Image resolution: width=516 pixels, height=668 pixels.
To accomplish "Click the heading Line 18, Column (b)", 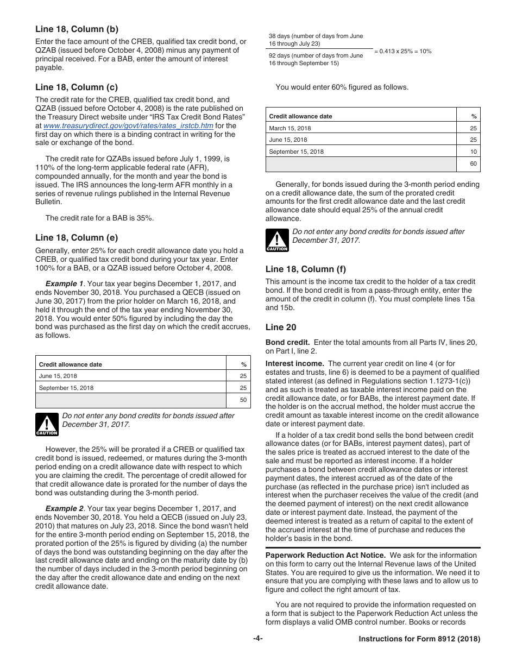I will (x=77, y=29).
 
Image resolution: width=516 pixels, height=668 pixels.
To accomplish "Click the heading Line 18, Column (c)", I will (x=77, y=87).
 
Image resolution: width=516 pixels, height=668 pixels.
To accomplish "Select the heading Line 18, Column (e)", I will (x=77, y=238).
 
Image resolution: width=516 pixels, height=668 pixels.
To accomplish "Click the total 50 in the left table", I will (x=243, y=400).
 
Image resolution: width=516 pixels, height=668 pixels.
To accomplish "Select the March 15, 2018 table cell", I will (x=290, y=128).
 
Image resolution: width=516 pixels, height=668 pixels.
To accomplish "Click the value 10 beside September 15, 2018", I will (x=474, y=152).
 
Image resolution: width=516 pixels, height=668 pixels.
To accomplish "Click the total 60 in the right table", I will (x=474, y=164).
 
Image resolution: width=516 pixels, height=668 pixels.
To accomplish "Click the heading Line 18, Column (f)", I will (x=305, y=269).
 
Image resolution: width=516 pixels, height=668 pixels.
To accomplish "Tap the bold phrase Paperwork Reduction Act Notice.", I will (x=325, y=556).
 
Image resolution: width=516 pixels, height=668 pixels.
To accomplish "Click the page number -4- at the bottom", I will (x=258, y=639).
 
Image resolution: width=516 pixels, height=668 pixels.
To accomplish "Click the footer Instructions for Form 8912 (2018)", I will (x=419, y=640).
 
